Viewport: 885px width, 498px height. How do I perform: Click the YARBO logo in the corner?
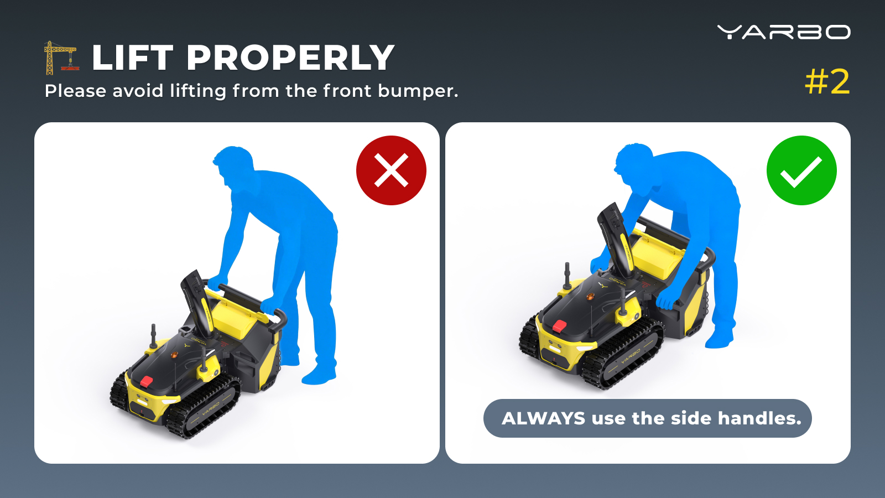tap(784, 32)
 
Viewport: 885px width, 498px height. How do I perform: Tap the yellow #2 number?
tap(827, 82)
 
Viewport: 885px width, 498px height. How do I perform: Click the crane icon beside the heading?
tap(61, 58)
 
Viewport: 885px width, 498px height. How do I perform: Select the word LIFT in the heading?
tap(133, 58)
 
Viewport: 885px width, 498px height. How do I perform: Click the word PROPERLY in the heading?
tap(291, 58)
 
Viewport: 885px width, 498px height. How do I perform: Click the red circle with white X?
tap(391, 170)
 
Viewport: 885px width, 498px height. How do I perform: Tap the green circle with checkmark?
tap(801, 170)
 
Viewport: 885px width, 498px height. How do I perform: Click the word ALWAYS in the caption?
tap(544, 418)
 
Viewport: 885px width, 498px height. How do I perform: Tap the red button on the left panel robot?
tap(147, 381)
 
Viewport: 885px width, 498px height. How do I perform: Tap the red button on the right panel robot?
tap(559, 326)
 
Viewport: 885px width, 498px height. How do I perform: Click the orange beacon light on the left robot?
tap(174, 355)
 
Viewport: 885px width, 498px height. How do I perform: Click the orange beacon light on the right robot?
tap(590, 296)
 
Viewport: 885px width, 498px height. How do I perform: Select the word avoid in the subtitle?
tap(138, 91)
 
